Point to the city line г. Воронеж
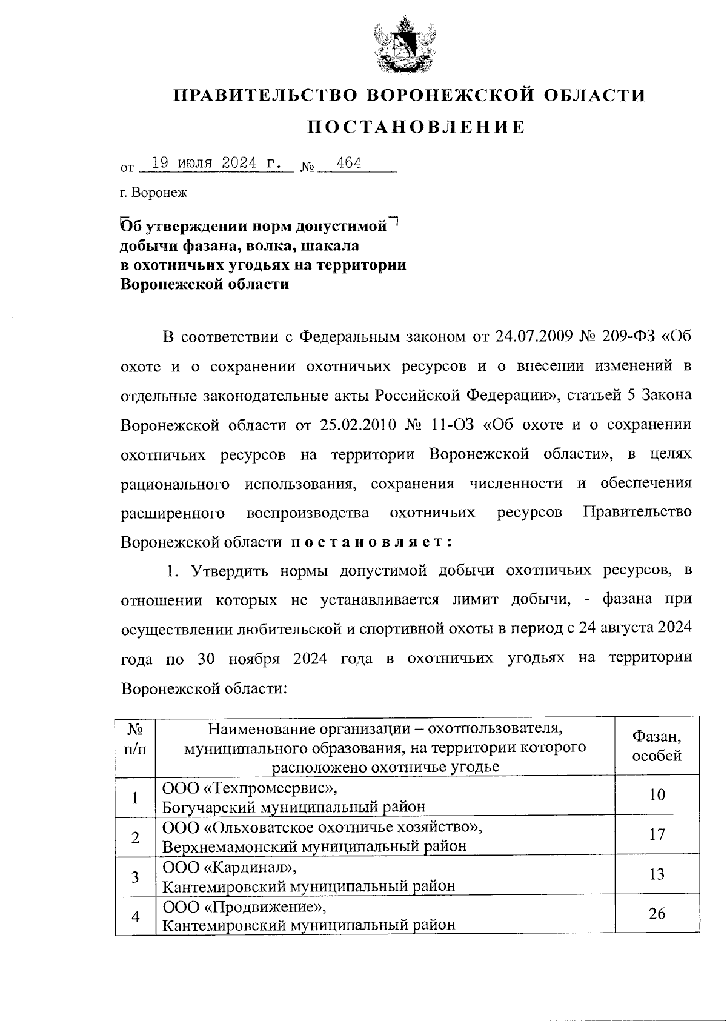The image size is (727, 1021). tap(154, 193)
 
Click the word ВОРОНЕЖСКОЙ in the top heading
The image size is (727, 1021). tap(450, 95)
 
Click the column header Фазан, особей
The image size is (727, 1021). tap(657, 746)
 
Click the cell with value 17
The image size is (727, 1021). tap(657, 834)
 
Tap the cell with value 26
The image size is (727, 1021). tap(657, 913)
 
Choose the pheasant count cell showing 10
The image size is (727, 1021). tap(657, 795)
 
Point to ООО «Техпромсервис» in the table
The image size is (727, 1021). tap(249, 788)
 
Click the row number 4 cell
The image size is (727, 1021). tap(136, 916)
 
